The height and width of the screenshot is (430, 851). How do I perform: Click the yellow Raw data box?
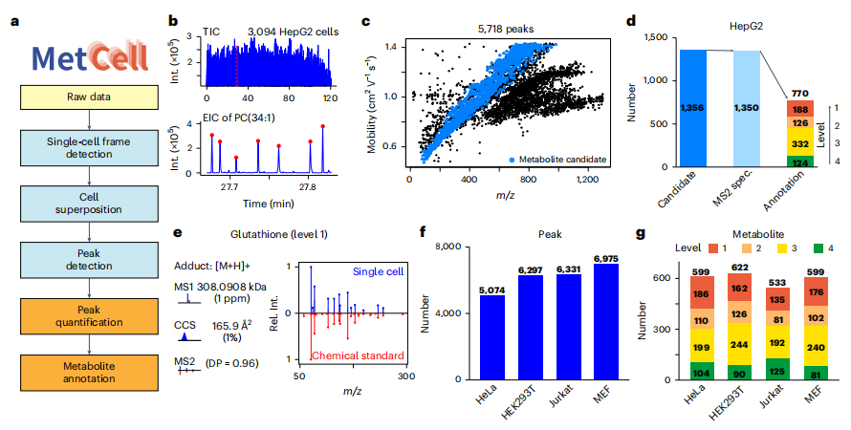pyautogui.click(x=89, y=97)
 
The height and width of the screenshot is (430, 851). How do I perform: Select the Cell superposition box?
pyautogui.click(x=89, y=204)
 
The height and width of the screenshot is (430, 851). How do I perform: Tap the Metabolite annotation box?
pyautogui.click(x=89, y=373)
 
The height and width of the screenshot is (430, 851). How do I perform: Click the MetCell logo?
pyautogui.click(x=90, y=56)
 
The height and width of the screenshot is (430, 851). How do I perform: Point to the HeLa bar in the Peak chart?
pyautogui.click(x=491, y=337)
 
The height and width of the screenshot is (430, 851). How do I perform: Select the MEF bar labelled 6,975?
pyautogui.click(x=605, y=322)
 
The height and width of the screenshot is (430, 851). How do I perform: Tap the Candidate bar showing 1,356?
pyautogui.click(x=693, y=108)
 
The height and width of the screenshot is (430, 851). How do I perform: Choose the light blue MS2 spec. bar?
pyautogui.click(x=747, y=108)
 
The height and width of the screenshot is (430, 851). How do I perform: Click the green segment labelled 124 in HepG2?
pyautogui.click(x=800, y=161)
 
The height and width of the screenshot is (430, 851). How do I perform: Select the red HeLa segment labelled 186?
pyautogui.click(x=701, y=292)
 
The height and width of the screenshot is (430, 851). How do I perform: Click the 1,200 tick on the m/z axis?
pyautogui.click(x=587, y=180)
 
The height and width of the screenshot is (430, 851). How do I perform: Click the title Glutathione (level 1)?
pyautogui.click(x=279, y=234)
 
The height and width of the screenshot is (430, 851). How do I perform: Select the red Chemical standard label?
pyautogui.click(x=358, y=355)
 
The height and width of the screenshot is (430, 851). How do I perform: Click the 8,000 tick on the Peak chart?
pyautogui.click(x=448, y=247)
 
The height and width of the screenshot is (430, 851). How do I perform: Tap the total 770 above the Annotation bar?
pyautogui.click(x=800, y=94)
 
